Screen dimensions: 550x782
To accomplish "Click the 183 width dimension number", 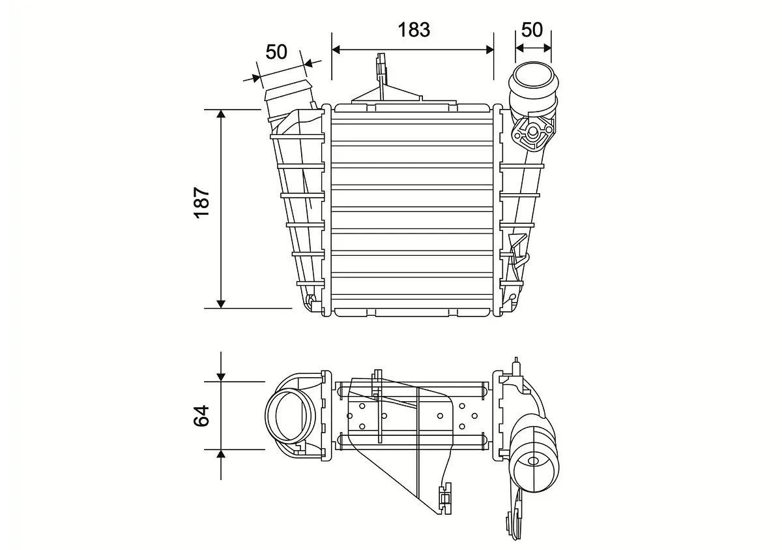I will (x=414, y=29).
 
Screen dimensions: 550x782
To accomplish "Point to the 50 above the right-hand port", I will (x=532, y=29).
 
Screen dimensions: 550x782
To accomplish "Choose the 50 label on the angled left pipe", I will (x=277, y=52).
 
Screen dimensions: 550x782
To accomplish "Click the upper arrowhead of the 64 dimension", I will (x=222, y=376).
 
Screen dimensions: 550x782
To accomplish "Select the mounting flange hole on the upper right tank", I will (x=532, y=133).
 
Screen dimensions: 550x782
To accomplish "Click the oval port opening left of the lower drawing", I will (x=290, y=415).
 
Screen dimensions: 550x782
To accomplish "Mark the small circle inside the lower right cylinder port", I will (x=534, y=461).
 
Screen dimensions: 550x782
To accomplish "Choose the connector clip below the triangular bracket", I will (x=446, y=495).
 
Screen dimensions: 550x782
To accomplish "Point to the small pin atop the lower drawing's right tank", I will (x=517, y=363).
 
